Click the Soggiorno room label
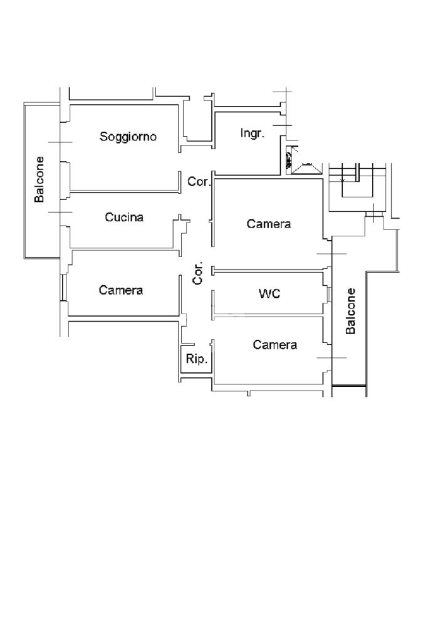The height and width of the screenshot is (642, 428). click(x=128, y=137)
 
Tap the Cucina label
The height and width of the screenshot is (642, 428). click(x=124, y=217)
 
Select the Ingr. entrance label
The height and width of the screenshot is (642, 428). click(x=253, y=134)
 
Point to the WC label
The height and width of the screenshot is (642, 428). click(x=269, y=293)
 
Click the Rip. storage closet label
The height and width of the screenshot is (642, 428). click(x=197, y=359)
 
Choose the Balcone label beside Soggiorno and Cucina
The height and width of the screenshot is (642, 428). click(x=39, y=179)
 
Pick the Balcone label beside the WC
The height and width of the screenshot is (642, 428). click(x=351, y=311)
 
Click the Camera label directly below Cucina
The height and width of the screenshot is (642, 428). click(x=121, y=290)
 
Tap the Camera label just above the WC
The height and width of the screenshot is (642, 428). click(x=269, y=224)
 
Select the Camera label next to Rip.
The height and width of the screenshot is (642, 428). click(x=275, y=345)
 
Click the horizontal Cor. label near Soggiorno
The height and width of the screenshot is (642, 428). click(x=199, y=181)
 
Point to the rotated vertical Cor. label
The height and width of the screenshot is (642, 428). click(x=198, y=273)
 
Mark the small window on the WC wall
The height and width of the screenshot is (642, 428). click(x=328, y=293)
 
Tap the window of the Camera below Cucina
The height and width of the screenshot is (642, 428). click(x=63, y=287)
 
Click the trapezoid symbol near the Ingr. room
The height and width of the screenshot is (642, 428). click(x=306, y=168)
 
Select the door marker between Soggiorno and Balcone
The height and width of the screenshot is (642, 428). click(x=60, y=142)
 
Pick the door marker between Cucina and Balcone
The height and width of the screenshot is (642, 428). click(x=60, y=212)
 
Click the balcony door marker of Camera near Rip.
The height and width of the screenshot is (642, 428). click(x=332, y=358)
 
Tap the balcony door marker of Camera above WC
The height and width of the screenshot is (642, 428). click(x=332, y=254)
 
